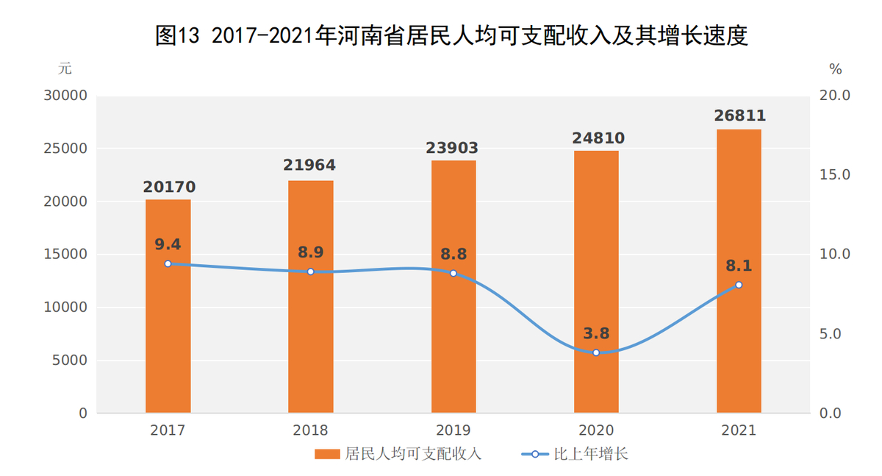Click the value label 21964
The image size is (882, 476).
click(x=310, y=166)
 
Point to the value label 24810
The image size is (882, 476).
click(x=595, y=138)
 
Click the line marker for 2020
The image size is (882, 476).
click(x=596, y=352)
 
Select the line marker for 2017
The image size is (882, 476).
click(x=168, y=263)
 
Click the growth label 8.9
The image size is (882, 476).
click(x=310, y=252)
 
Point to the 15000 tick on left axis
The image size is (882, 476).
click(x=68, y=255)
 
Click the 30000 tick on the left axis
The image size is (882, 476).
click(x=68, y=96)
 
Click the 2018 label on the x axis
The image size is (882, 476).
click(x=310, y=430)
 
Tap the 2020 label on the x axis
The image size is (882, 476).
click(x=595, y=430)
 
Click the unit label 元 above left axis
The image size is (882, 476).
click(x=65, y=68)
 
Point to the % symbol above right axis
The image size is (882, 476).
click(x=836, y=69)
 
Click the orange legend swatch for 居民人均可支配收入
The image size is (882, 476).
click(x=328, y=454)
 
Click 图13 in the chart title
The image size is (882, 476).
click(x=178, y=35)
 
